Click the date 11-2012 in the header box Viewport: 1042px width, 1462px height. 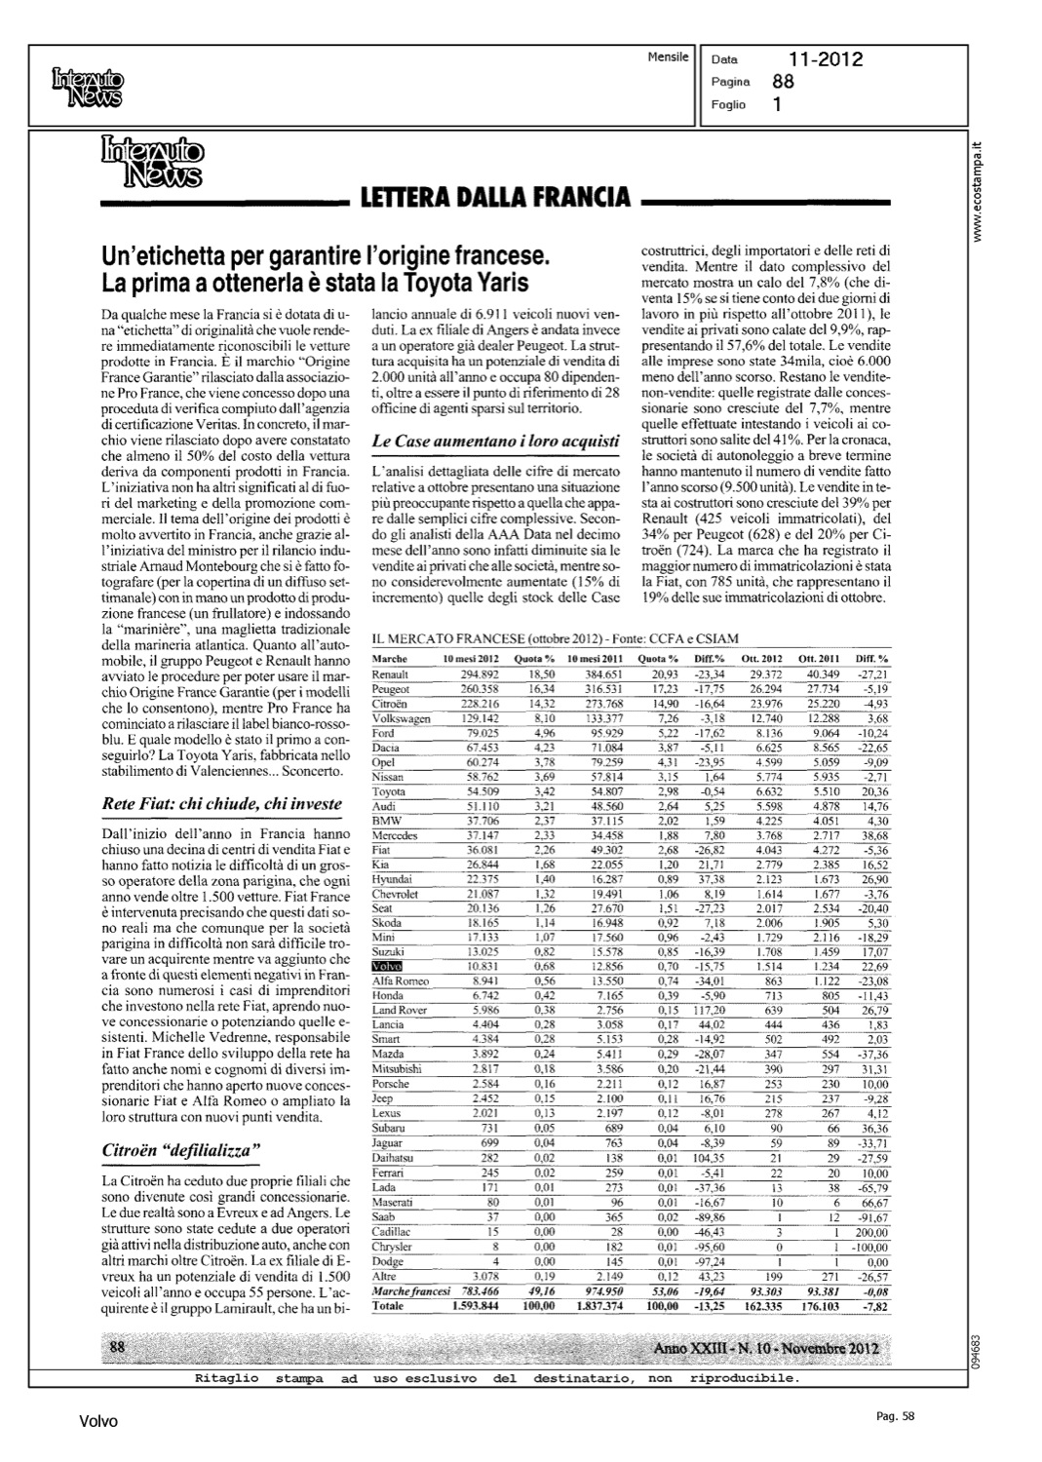pos(826,59)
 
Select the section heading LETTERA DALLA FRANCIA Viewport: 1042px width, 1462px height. pos(494,198)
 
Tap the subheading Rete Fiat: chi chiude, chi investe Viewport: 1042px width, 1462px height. pos(222,804)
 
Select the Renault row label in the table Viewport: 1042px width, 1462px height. pos(391,674)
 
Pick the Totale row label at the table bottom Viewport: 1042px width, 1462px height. pos(389,1305)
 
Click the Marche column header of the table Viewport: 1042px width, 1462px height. pos(390,660)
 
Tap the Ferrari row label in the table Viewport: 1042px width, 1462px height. pos(390,1173)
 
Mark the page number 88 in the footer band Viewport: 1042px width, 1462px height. pos(119,1348)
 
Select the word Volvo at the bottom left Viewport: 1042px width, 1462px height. pos(98,1421)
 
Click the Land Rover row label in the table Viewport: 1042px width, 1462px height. pos(400,1011)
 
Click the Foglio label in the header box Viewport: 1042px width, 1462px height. pos(728,104)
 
